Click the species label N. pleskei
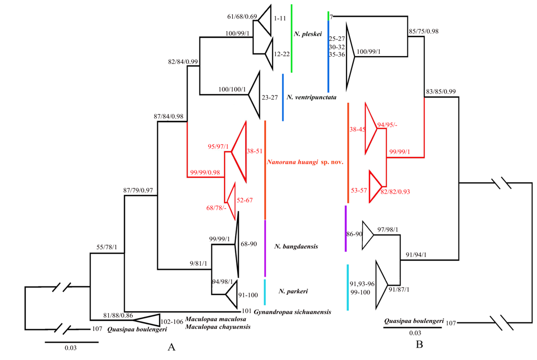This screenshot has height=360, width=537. point(308,34)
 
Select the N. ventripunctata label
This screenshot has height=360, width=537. point(311,98)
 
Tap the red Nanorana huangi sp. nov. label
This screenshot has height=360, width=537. point(305,162)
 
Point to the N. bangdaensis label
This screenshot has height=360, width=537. point(296,247)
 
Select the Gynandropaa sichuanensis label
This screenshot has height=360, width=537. point(292,312)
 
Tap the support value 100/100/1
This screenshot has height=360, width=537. point(231,90)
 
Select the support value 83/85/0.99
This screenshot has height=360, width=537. point(441,91)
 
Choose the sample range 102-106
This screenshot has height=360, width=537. point(172,321)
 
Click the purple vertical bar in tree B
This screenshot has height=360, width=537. point(346,228)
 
